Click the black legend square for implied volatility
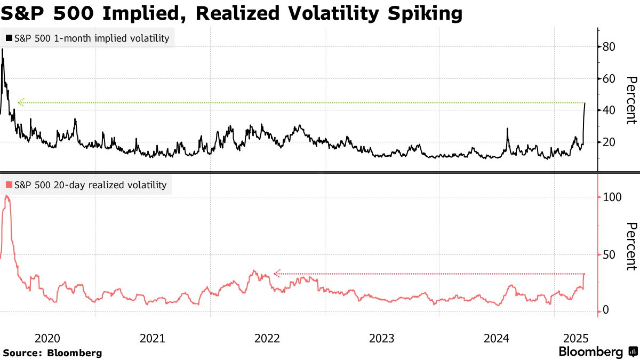pos(9,38)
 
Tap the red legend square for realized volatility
pos(9,185)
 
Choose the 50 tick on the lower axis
pos(610,254)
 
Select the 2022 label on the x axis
pos(267,338)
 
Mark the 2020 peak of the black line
pos(3,49)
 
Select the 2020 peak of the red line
pos(6,196)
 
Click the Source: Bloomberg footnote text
pos(52,353)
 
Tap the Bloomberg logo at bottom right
pos(597,352)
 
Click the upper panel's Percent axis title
pos(631,100)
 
